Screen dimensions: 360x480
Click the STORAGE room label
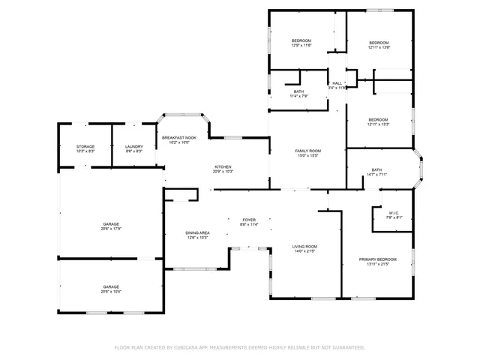(85, 146)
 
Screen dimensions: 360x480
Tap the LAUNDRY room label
(134, 146)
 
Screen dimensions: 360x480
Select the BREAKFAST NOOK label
(179, 138)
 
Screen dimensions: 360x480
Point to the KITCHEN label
(223, 166)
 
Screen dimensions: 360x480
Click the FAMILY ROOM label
(307, 151)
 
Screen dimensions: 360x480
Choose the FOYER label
(249, 220)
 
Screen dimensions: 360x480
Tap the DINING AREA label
(197, 232)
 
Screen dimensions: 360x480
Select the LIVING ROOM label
(304, 246)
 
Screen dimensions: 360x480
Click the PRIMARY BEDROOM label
(377, 259)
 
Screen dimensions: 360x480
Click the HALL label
(337, 82)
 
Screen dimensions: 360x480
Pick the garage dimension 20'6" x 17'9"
(112, 229)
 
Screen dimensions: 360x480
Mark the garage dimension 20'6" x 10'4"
(112, 291)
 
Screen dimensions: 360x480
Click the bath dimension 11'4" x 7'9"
(299, 96)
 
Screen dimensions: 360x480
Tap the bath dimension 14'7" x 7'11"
(376, 175)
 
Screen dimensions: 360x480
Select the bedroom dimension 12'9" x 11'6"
(301, 45)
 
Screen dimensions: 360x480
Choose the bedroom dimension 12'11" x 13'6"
(379, 47)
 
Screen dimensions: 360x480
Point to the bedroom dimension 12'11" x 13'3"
(378, 124)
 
